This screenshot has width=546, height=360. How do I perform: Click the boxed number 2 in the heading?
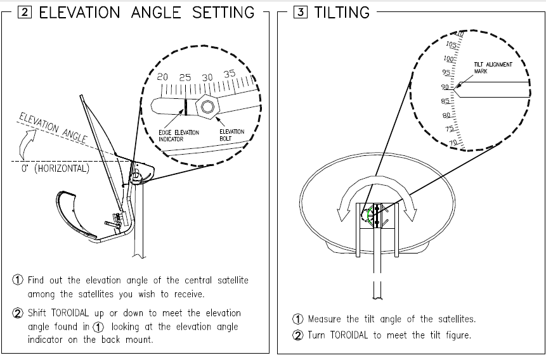point(24,12)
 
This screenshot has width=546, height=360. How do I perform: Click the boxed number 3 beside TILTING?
point(300,12)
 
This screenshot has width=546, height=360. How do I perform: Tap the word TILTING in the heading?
point(342,13)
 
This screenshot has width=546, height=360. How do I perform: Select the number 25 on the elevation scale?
point(185,77)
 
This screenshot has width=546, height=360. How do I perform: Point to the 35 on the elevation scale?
point(230,74)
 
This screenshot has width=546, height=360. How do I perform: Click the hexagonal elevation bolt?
point(207,106)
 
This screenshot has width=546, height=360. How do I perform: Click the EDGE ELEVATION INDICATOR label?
point(179,136)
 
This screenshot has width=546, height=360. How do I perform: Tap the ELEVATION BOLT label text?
point(232,135)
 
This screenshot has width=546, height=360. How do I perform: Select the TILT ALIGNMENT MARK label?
point(493,68)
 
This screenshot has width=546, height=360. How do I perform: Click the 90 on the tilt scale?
point(445,87)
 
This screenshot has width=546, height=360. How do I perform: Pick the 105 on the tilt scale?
point(451,44)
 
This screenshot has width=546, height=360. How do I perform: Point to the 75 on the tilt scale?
point(450,129)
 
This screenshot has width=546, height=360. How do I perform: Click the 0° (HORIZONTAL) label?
point(55,169)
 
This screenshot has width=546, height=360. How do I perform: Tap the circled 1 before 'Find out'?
point(18,280)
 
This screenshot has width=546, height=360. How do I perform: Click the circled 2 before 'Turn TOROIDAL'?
point(297,335)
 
